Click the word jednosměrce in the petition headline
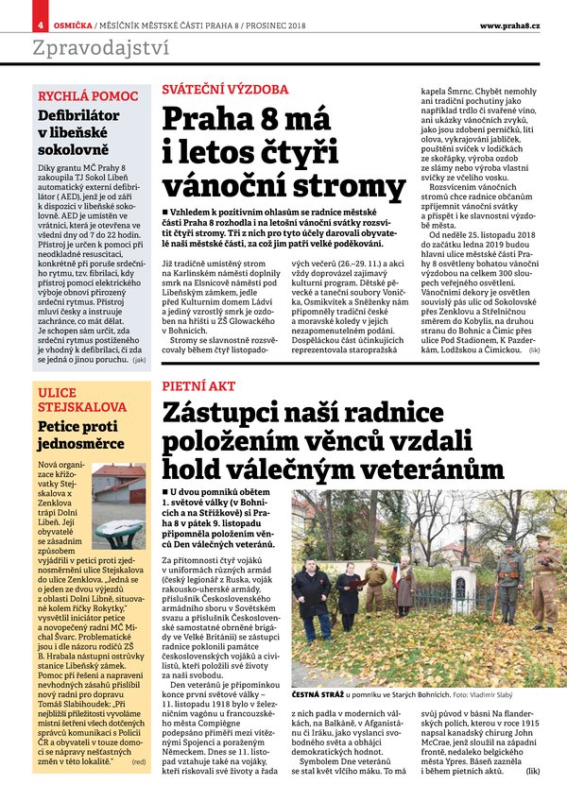(80, 442)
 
